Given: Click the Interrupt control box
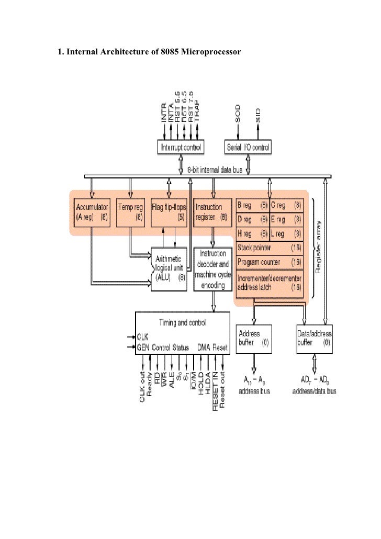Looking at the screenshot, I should pyautogui.click(x=181, y=147).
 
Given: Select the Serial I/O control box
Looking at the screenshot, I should pyautogui.click(x=248, y=147).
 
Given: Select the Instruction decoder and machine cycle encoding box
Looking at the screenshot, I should pyautogui.click(x=212, y=269).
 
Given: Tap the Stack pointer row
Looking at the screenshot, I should pyautogui.click(x=270, y=246).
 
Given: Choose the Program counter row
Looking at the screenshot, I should pyautogui.click(x=270, y=261).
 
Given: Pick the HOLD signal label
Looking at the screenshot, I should pyautogui.click(x=200, y=385).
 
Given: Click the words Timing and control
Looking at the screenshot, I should pyautogui.click(x=182, y=322).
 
